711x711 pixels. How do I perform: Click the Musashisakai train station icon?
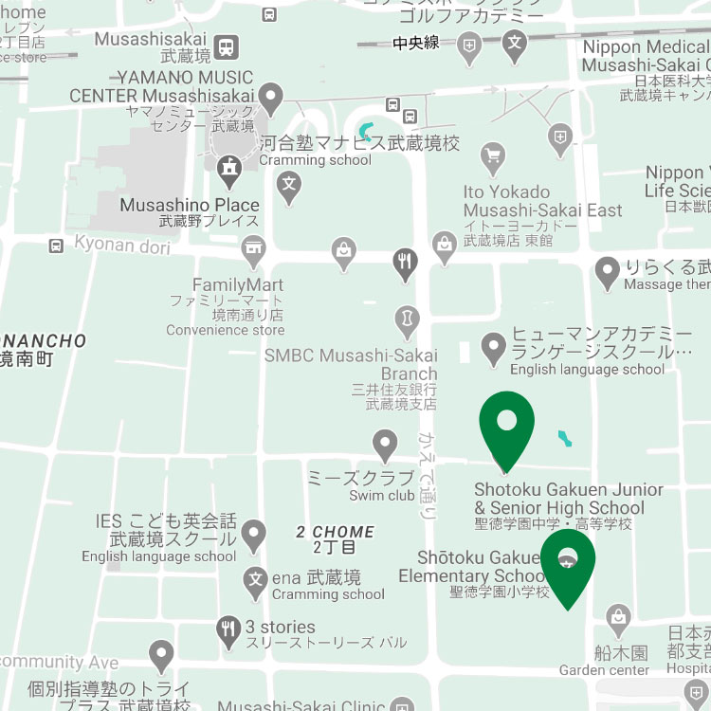click(x=227, y=46)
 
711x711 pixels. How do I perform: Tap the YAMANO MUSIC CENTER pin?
click(x=272, y=97)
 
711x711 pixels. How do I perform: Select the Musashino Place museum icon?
click(x=229, y=172)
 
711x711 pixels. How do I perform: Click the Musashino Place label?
click(x=190, y=205)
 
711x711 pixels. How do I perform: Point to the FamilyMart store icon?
click(x=252, y=253)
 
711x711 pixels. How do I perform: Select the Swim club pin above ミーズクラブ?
click(x=384, y=443)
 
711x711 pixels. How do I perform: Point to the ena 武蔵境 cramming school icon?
click(x=255, y=580)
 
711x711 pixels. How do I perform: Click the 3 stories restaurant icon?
click(x=228, y=628)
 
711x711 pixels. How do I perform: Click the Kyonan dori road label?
click(x=122, y=246)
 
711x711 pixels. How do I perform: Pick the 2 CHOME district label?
click(x=335, y=532)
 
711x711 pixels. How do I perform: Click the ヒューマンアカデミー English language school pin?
click(x=493, y=348)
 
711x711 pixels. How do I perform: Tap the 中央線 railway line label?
click(x=417, y=42)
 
